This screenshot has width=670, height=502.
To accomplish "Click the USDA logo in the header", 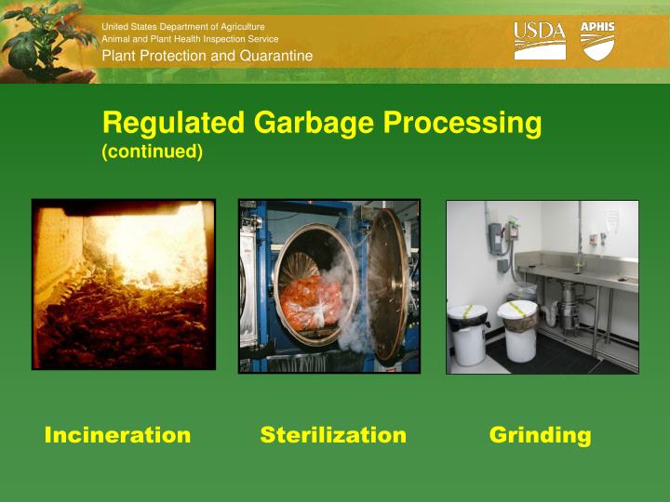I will (x=540, y=42).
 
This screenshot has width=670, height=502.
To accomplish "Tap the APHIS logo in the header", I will (x=597, y=41).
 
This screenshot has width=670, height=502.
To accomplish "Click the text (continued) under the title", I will (x=152, y=151).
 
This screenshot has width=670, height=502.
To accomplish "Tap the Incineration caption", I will (x=117, y=435).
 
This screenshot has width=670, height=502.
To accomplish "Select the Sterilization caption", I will (x=333, y=435).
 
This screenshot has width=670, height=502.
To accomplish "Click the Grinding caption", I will (x=540, y=435).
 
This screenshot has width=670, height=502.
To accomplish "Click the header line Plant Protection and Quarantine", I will (x=207, y=57).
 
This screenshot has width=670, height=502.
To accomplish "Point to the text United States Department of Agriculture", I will (x=182, y=27).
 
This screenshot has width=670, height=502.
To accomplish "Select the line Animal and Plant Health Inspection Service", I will (x=190, y=39).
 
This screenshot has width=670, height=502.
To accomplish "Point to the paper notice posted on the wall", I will (x=611, y=220).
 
